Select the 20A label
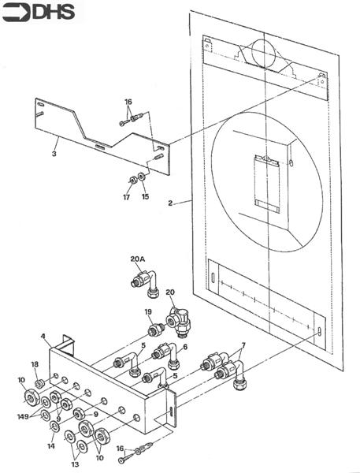point(138,259)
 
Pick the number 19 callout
point(147,312)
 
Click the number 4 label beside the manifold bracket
point(45,337)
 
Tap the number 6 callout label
point(185,347)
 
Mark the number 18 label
point(34,363)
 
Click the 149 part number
point(24,415)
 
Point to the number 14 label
point(51,446)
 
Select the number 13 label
point(76,465)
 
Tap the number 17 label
point(125,197)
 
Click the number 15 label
point(145,197)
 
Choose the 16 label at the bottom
point(120,448)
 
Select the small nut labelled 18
point(39,383)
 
